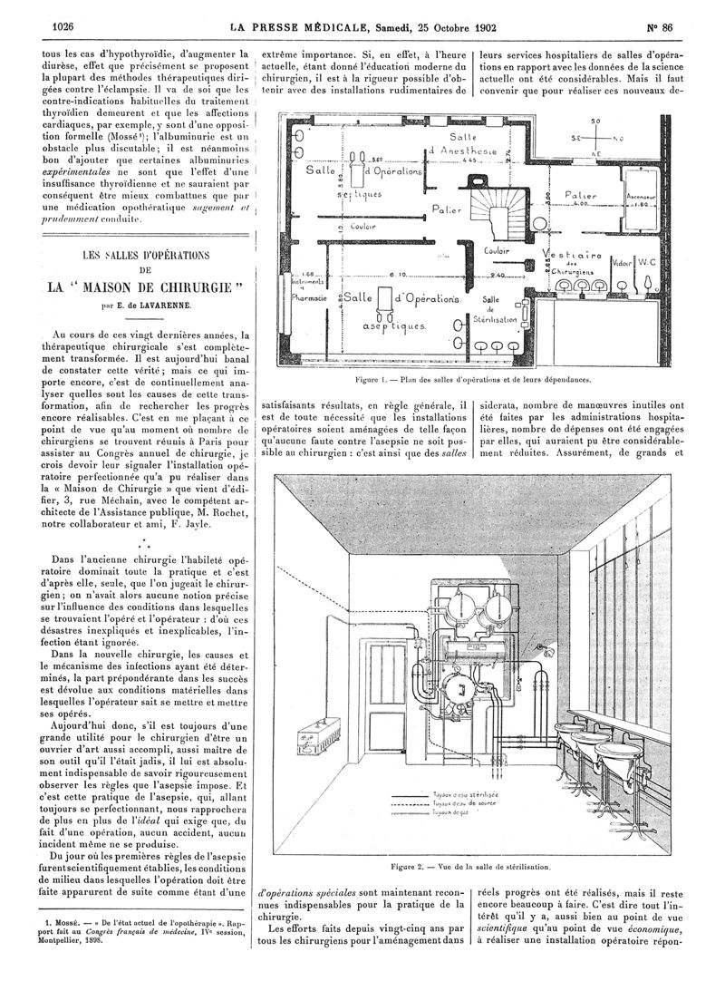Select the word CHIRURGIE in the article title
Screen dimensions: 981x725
click(182, 289)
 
